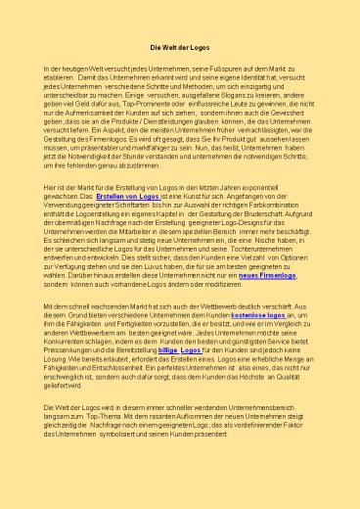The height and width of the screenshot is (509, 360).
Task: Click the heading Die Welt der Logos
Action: click(179, 46)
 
